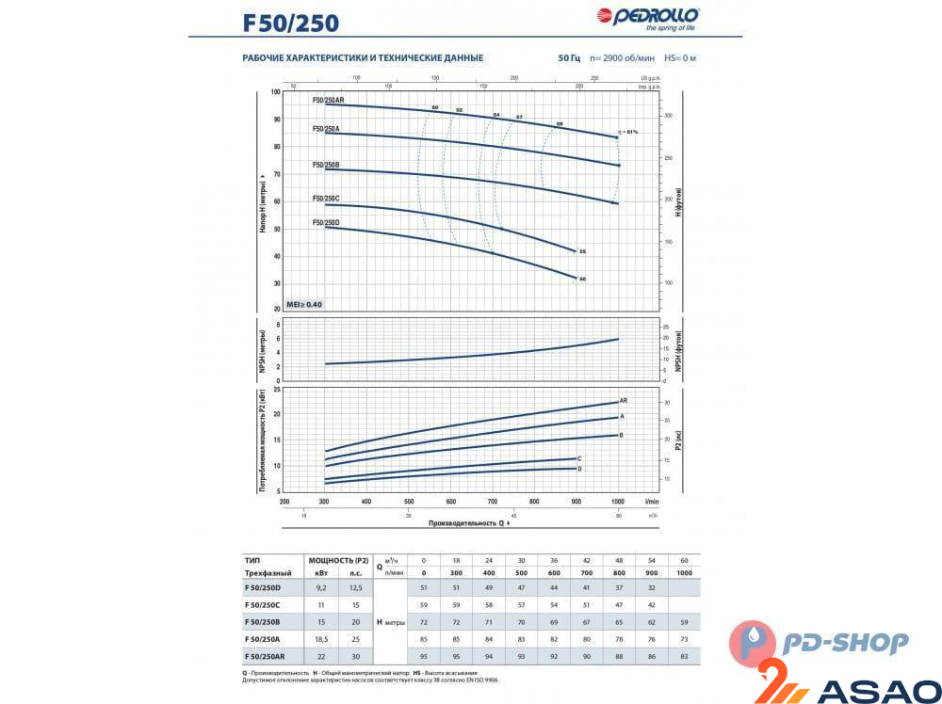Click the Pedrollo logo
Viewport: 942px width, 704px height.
pos(647,17)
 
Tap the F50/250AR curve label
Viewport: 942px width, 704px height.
pos(329,100)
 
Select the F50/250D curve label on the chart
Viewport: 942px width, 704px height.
pos(326,222)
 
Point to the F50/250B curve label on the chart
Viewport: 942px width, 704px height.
pos(326,165)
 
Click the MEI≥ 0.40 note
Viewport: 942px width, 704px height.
pos(304,304)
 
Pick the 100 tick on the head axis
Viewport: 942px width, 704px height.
pos(276,91)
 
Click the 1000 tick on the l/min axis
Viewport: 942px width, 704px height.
pos(618,502)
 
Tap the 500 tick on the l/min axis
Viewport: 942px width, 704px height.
pos(409,502)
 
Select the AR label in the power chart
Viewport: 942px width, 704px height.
pos(624,401)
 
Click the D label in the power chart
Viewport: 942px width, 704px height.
pos(580,469)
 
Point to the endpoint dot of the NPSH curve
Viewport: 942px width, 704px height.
pos(618,339)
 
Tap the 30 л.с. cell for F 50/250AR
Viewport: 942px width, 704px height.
pos(354,655)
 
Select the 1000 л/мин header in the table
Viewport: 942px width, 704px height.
pos(684,572)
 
